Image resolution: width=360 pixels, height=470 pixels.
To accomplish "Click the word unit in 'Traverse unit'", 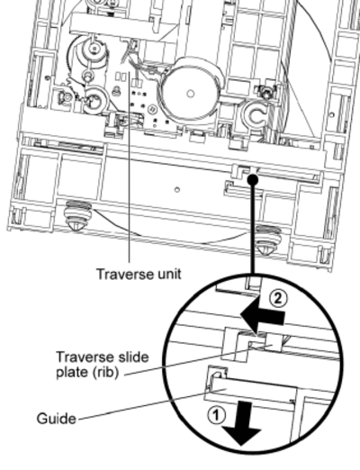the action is click(x=169, y=274).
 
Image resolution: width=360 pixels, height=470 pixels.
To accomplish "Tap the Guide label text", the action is click(x=56, y=419).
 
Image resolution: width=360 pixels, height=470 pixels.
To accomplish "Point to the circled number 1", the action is click(x=217, y=415).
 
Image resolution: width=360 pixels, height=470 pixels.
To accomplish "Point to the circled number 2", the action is click(x=278, y=299).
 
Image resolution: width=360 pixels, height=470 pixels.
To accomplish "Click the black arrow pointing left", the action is click(x=262, y=316).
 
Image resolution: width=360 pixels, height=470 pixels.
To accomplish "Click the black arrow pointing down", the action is click(x=242, y=424).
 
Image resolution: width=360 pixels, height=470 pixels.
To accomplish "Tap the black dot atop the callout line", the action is click(x=253, y=179).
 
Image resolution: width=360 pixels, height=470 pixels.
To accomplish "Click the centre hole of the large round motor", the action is click(x=190, y=94).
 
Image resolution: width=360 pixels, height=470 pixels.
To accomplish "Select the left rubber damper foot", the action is click(x=77, y=214).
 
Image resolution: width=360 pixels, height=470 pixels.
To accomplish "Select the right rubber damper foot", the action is click(x=268, y=240).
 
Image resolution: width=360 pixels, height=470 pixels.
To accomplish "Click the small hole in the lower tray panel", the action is click(x=177, y=190).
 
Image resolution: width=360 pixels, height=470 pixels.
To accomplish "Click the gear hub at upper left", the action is click(x=94, y=49).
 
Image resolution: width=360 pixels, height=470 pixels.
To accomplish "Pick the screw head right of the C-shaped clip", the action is click(x=265, y=91).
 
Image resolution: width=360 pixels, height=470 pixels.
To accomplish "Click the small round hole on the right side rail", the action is click(x=332, y=114).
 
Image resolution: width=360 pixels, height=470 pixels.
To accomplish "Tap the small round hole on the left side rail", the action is click(x=47, y=78).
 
